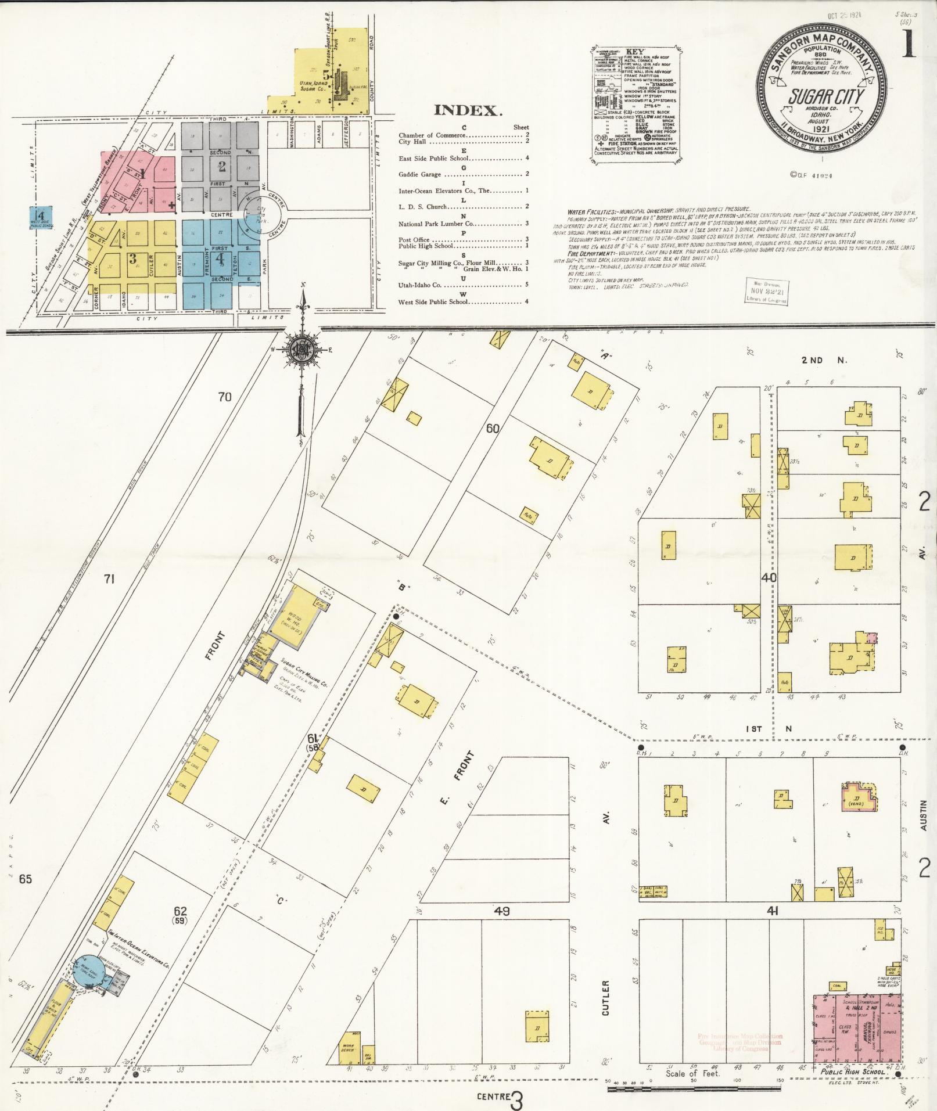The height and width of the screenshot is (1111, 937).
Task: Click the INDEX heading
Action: (x=468, y=110)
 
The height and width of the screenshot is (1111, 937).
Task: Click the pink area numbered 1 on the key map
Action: (x=138, y=175)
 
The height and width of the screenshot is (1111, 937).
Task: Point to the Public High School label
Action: (x=853, y=1072)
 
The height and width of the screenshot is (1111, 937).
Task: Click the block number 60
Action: (x=493, y=429)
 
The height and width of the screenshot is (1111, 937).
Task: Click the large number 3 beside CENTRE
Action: (x=516, y=1100)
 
